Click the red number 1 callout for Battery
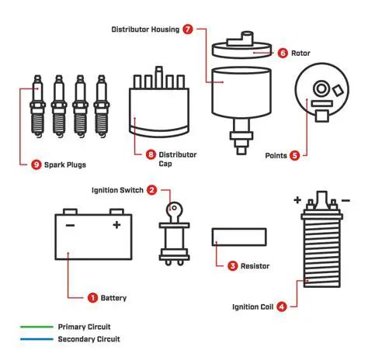coord(92,297)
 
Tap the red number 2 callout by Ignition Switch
coord(152,189)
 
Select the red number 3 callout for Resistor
coord(232,265)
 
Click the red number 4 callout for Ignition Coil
coord(281,306)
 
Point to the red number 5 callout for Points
coord(294,155)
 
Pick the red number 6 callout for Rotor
coord(283,53)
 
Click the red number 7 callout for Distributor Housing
coord(189,29)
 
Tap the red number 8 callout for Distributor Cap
coord(140,155)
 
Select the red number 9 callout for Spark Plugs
coord(36,164)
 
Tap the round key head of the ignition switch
coord(175,208)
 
